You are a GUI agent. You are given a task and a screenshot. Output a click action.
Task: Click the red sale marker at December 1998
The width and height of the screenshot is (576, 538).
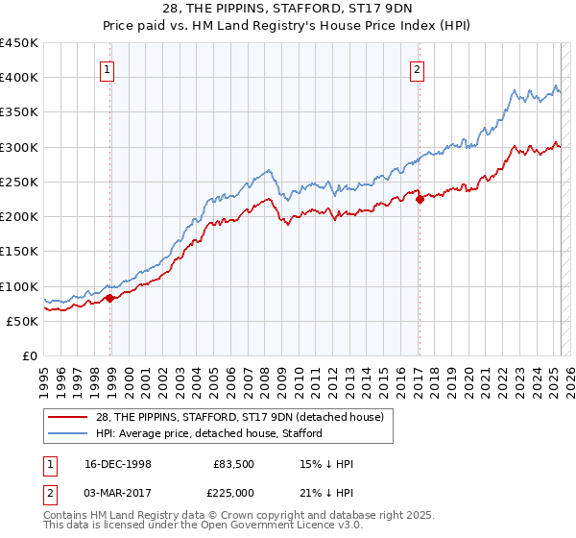tap(110, 298)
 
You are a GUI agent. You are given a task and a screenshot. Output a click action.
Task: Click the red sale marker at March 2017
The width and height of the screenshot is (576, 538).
tap(420, 200)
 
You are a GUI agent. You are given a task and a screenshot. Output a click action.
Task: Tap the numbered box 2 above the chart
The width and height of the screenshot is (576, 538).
tap(418, 68)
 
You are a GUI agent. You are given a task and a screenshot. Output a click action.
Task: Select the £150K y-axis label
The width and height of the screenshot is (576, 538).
tap(19, 252)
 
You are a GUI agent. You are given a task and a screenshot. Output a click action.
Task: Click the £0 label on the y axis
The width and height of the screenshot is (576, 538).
tap(29, 356)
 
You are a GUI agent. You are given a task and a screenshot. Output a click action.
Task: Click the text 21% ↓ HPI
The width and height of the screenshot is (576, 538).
tap(326, 493)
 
